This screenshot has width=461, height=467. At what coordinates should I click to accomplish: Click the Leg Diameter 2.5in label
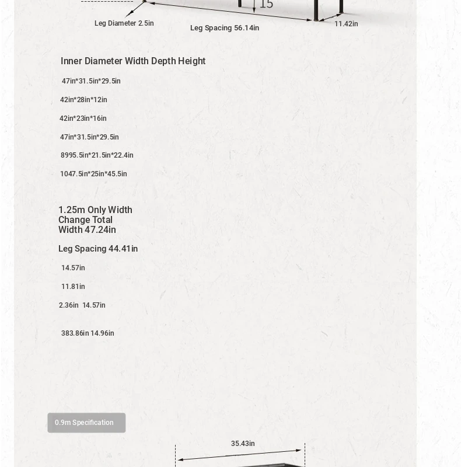[124, 23]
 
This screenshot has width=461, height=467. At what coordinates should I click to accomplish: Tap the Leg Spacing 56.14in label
[225, 28]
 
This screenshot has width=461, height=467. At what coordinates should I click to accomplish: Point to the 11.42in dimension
[346, 24]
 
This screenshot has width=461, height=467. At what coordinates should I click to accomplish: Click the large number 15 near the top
[266, 4]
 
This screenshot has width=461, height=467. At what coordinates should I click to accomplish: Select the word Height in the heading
[192, 61]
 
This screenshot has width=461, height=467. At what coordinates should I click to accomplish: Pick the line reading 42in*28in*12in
[83, 100]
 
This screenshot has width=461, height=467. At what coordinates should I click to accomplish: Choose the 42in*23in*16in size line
[83, 119]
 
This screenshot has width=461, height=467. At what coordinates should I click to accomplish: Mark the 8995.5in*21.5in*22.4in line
[97, 155]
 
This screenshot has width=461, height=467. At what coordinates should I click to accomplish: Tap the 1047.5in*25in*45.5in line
[93, 174]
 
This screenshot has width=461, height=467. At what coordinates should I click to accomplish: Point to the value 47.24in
[100, 230]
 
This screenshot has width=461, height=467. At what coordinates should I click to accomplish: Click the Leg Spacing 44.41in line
[98, 249]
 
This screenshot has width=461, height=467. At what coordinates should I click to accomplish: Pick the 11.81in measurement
[73, 287]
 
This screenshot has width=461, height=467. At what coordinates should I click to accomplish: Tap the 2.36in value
[69, 305]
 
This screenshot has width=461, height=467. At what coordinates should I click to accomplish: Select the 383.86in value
[75, 333]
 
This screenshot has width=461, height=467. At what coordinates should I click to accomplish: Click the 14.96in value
[103, 333]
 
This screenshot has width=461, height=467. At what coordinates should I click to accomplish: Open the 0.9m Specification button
[86, 423]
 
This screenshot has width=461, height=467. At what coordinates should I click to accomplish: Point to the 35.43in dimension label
[243, 444]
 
